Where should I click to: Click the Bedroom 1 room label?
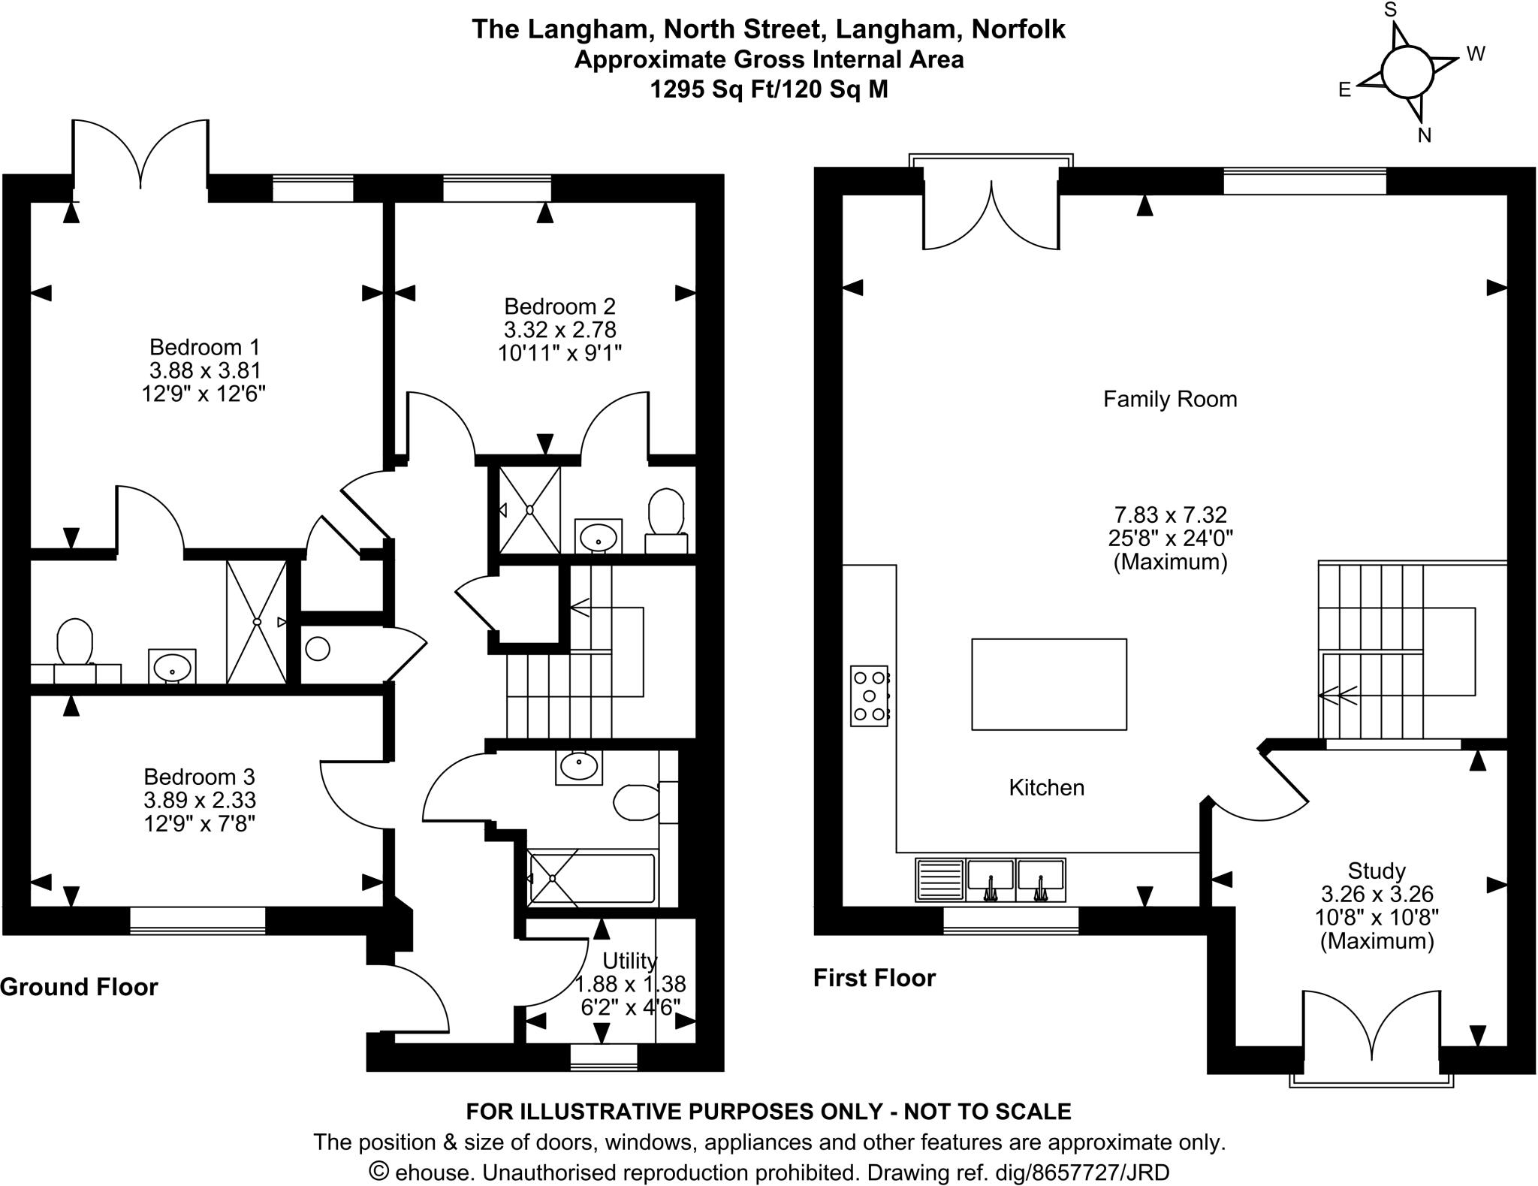click(x=204, y=347)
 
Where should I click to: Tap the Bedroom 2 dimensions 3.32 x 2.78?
click(x=559, y=330)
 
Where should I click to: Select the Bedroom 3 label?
click(x=199, y=776)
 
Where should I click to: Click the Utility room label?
click(x=629, y=961)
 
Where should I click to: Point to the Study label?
click(x=1376, y=871)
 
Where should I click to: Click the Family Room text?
click(x=1169, y=399)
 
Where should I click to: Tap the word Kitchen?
click(x=1046, y=787)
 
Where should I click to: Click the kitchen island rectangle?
click(x=1048, y=684)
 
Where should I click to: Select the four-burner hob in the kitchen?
click(x=869, y=696)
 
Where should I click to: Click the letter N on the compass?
click(x=1424, y=135)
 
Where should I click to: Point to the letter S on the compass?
click(x=1390, y=11)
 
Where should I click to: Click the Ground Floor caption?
click(x=79, y=986)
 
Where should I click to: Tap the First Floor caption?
click(x=874, y=978)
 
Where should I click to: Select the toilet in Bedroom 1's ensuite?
click(x=74, y=643)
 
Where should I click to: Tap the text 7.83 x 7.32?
click(x=1169, y=515)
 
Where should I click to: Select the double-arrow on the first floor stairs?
click(x=1337, y=696)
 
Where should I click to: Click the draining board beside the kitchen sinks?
click(x=939, y=880)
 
